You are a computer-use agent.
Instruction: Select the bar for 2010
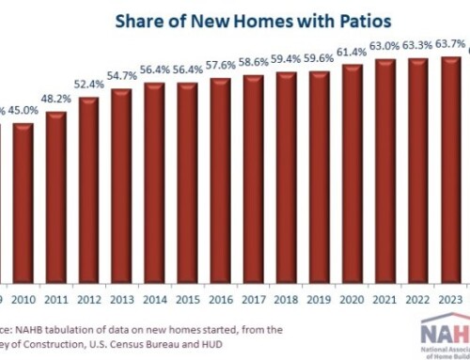pyautogui.click(x=23, y=202)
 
